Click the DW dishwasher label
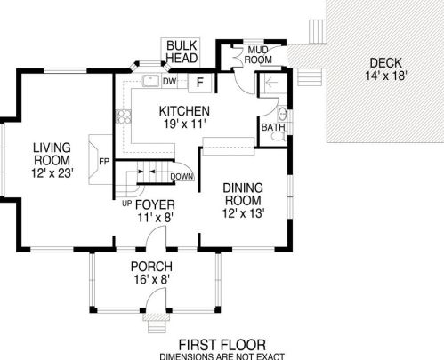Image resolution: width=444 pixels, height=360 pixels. point(169,81)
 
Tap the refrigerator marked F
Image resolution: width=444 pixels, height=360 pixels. point(200,83)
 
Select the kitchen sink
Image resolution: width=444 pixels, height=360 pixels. point(151,81)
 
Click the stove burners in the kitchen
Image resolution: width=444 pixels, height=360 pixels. point(124,116)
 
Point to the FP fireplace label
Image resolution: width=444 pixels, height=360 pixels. point(104,162)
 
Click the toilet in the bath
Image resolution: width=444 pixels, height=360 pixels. point(279,136)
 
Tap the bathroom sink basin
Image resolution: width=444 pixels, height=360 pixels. point(283,114)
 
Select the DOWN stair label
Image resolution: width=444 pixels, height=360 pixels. point(182,177)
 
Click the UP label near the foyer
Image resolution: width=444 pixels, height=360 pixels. point(126,204)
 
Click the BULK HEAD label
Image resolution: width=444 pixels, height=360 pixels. point(182,52)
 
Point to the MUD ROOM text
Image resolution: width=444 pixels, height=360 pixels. point(258,55)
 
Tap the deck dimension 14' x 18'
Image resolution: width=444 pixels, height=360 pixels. point(385,76)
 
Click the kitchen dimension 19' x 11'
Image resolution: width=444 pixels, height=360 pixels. point(185,124)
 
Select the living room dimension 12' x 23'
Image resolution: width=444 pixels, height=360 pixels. point(52,173)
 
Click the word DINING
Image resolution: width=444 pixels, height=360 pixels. point(243,188)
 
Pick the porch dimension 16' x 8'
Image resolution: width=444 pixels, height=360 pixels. point(151,279)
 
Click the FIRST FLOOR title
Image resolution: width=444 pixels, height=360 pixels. point(222,346)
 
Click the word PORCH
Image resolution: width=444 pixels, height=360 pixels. point(151,267)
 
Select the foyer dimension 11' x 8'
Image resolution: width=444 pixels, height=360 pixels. point(155,218)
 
